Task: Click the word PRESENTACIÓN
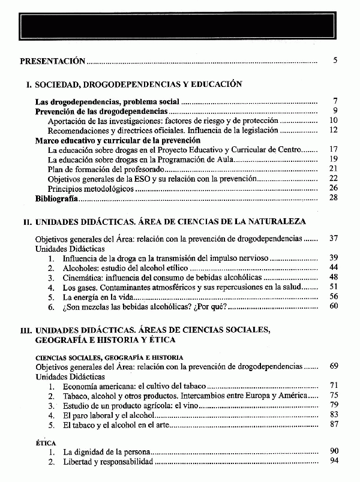click(53, 61)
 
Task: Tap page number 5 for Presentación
click(336, 61)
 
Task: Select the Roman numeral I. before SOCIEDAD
click(29, 85)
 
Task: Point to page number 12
click(334, 130)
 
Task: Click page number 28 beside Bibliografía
click(334, 198)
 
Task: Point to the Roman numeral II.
click(27, 222)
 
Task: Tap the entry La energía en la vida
click(98, 296)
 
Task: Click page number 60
click(334, 306)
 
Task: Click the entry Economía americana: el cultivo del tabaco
click(134, 385)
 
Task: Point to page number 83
click(334, 414)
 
